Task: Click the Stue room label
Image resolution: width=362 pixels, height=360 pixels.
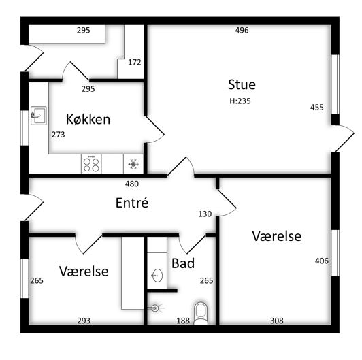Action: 242,84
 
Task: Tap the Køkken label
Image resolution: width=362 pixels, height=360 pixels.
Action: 88,119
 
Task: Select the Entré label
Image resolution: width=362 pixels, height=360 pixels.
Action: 132,203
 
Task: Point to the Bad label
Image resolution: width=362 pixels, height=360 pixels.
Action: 183,263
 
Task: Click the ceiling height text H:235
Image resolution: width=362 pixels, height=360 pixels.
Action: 240,101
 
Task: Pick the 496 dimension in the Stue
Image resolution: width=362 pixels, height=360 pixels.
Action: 242,30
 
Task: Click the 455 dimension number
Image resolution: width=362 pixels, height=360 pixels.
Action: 317,107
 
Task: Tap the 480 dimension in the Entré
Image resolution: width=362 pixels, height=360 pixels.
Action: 132,184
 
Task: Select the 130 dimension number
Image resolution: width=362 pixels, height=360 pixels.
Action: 205,214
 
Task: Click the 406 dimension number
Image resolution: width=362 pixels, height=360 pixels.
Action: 322,261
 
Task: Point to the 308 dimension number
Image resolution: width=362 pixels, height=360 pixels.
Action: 276,321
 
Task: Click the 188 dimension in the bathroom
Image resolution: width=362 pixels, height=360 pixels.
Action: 183,321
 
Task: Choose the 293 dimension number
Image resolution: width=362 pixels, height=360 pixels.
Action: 84,321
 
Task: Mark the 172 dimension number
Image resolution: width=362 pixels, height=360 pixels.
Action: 134,62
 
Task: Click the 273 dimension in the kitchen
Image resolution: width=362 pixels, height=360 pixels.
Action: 59,134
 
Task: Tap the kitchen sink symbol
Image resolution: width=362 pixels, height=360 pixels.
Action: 39,116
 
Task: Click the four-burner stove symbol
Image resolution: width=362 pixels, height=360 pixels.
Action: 91,164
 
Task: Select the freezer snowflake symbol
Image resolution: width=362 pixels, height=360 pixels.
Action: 133,164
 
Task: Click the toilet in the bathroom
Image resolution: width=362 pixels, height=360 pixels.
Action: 201,313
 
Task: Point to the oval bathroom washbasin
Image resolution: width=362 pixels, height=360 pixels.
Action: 157,275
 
